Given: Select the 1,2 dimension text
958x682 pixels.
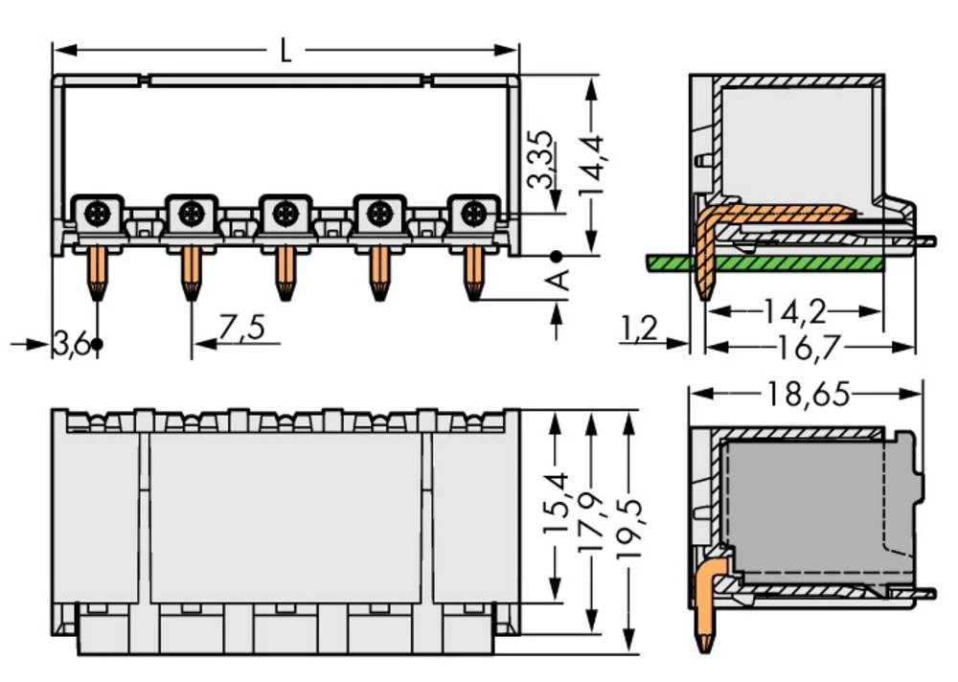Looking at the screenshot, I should (639, 330).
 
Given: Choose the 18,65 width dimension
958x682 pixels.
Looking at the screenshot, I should (807, 394).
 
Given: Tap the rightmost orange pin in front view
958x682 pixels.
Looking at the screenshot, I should (472, 272).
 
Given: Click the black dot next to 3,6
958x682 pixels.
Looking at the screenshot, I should (96, 343).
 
